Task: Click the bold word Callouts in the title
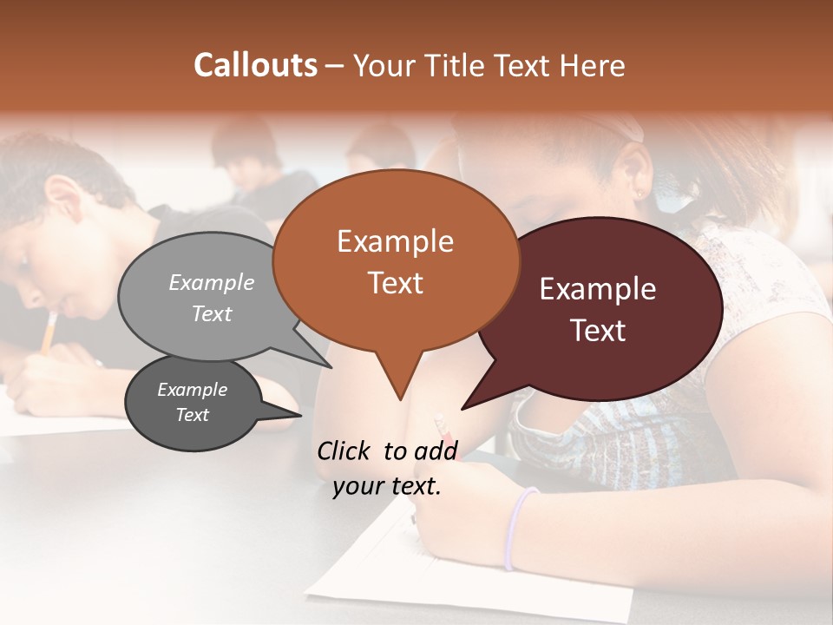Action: [256, 65]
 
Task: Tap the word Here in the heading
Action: [593, 66]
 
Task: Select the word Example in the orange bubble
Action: [395, 241]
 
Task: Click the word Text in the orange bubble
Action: [395, 283]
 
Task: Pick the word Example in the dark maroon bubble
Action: [598, 289]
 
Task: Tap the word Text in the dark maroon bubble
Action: [598, 331]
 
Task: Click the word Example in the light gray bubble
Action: [212, 283]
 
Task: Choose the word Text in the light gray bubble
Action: [212, 313]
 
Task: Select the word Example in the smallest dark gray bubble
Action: [193, 390]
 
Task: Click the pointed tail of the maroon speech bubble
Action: [464, 407]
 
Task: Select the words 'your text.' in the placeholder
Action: [387, 487]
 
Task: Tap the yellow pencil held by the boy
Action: [49, 332]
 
